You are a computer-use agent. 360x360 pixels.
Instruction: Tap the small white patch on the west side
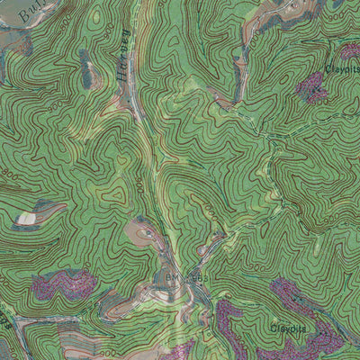click(x=26, y=218)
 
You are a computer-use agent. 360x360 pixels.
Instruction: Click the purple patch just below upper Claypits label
click(x=312, y=87)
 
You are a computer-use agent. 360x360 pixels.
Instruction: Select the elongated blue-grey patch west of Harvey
click(x=86, y=70)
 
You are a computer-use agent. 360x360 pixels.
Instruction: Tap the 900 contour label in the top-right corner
click(x=335, y=16)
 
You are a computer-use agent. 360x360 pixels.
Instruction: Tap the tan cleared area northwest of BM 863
click(x=142, y=236)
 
